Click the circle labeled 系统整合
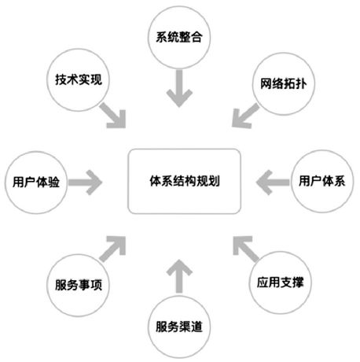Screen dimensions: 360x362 pyautogui.click(x=179, y=37)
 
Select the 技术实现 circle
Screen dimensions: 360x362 pyautogui.click(x=79, y=80)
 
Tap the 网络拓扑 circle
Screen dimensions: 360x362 pyautogui.click(x=284, y=83)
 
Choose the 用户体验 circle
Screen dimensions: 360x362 pyautogui.click(x=36, y=183)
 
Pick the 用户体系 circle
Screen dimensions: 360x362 pyautogui.click(x=322, y=181)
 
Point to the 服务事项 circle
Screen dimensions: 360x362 pyautogui.click(x=79, y=285)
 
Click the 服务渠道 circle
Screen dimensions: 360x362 pyautogui.click(x=179, y=327)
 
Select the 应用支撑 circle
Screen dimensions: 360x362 pyautogui.click(x=280, y=283)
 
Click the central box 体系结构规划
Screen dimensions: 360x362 pyautogui.click(x=185, y=181)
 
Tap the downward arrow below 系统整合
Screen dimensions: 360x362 pyautogui.click(x=179, y=88)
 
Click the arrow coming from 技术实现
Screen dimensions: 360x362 pyautogui.click(x=113, y=116)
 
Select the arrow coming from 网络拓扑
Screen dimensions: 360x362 pyautogui.click(x=245, y=116)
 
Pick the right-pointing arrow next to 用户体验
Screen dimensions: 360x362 pyautogui.click(x=85, y=183)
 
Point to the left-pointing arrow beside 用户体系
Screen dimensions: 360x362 pyautogui.click(x=273, y=183)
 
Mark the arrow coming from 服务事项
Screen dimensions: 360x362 pyautogui.click(x=113, y=249)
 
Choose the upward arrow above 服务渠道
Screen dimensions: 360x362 pyautogui.click(x=179, y=276)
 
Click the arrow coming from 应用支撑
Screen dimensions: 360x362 pyautogui.click(x=246, y=249)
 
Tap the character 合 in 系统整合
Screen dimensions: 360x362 pyautogui.click(x=197, y=37)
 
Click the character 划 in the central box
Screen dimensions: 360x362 pyautogui.click(x=214, y=181)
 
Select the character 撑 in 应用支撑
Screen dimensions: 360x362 pyautogui.click(x=297, y=283)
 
